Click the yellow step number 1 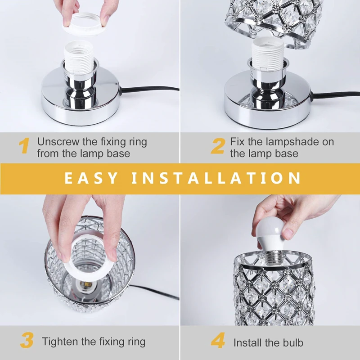(x=24, y=145)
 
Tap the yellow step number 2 (x=217, y=145)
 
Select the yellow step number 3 (x=27, y=340)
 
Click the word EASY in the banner (x=91, y=178)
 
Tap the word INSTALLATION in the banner (x=216, y=178)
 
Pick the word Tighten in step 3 (x=60, y=342)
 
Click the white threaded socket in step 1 (x=79, y=57)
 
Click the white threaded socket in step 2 (x=268, y=54)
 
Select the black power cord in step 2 (x=336, y=94)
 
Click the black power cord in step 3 (x=155, y=292)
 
